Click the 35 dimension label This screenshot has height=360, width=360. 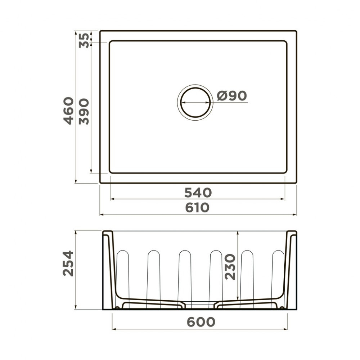(x=84, y=40)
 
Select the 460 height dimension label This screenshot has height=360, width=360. (x=69, y=111)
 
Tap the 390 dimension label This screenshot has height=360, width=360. (x=84, y=111)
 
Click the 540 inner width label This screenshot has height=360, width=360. (x=198, y=193)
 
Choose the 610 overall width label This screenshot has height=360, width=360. (x=198, y=208)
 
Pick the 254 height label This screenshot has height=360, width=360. (x=68, y=263)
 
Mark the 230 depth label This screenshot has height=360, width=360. (x=230, y=267)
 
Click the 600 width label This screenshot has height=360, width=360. (x=201, y=322)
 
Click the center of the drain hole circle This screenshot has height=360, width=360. (x=195, y=102)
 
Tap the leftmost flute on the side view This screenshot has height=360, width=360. (x=123, y=277)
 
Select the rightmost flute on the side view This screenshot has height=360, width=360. (x=278, y=277)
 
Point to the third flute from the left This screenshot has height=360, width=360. (x=185, y=277)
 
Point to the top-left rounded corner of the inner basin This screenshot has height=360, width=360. (x=111, y=43)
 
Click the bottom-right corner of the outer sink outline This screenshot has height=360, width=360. (x=296, y=183)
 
